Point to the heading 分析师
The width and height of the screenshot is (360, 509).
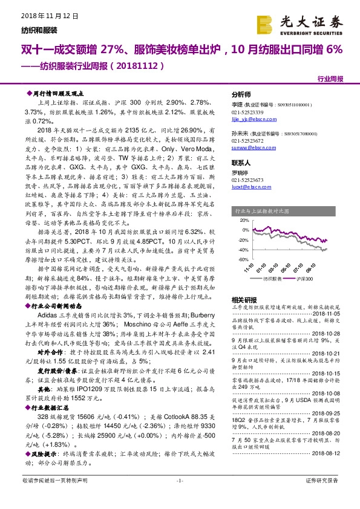[x=242, y=96]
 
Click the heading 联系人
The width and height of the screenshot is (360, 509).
[x=242, y=163]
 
